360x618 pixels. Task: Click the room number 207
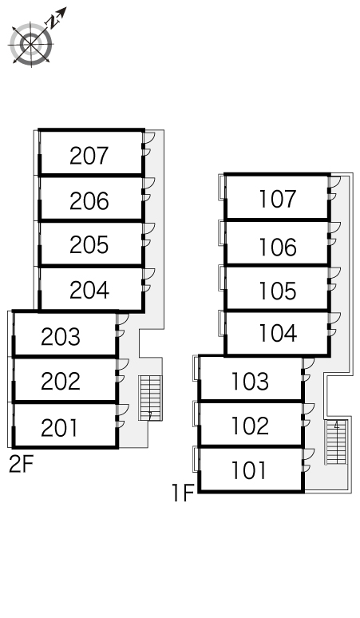click(x=89, y=156)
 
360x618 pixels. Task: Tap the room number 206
click(x=89, y=201)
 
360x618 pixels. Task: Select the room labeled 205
click(x=89, y=245)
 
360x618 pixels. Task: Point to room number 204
click(x=89, y=290)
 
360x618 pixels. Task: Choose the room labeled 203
click(x=60, y=337)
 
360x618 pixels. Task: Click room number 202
click(x=60, y=381)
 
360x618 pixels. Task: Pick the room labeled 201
click(x=60, y=428)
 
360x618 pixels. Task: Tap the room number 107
click(x=277, y=199)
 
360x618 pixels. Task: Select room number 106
click(x=277, y=248)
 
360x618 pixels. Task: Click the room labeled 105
click(x=277, y=291)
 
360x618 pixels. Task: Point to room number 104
click(x=278, y=333)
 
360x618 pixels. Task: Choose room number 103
click(x=250, y=382)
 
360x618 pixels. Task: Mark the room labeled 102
click(x=250, y=426)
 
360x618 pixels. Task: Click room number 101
click(x=248, y=470)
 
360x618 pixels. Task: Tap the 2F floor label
click(x=22, y=465)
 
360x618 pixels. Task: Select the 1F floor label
click(x=183, y=493)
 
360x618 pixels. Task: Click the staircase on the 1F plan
click(x=336, y=442)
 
